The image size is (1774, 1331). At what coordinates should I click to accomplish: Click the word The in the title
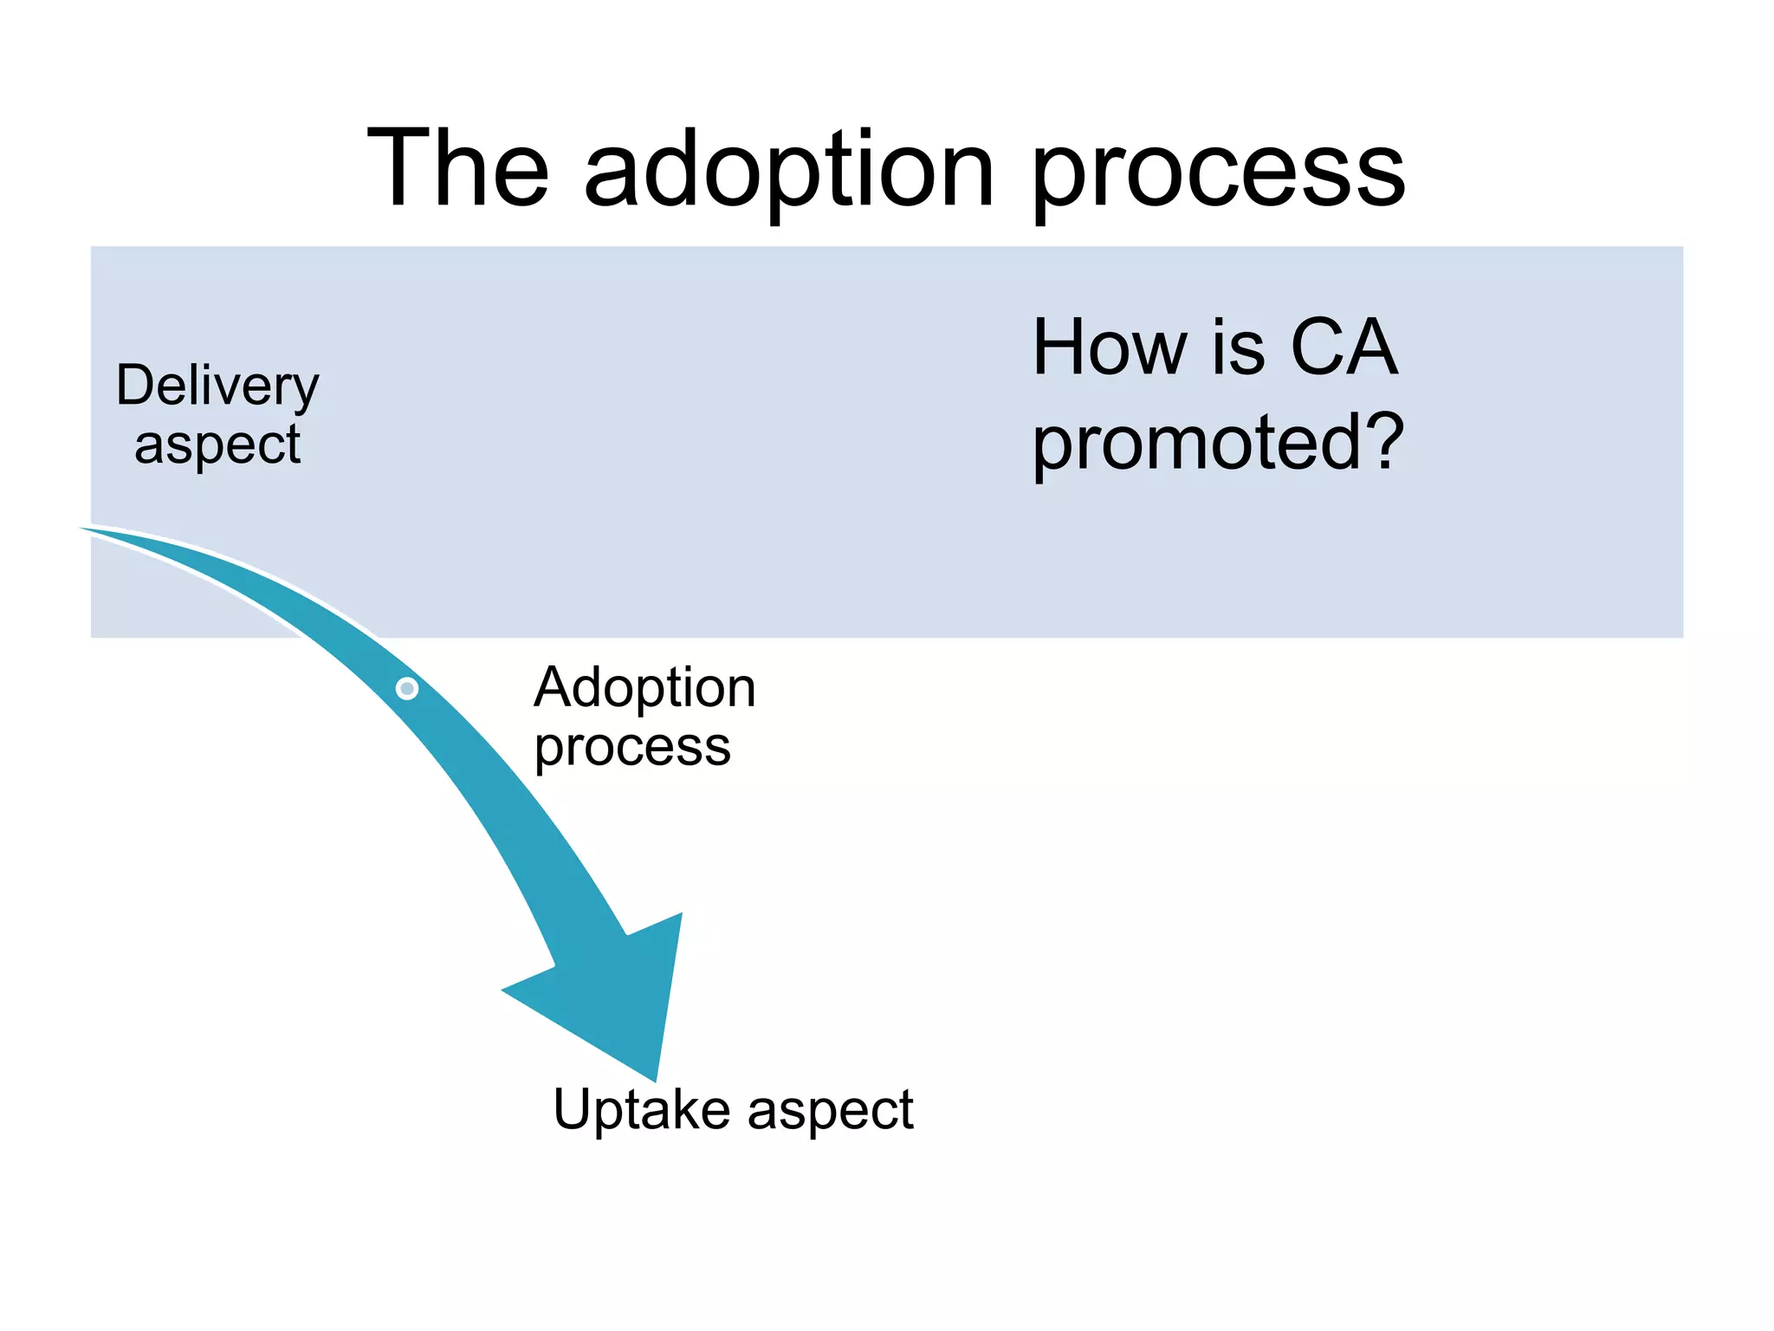click(457, 169)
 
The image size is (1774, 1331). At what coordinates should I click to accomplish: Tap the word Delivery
click(217, 386)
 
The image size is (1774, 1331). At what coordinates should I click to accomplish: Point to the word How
click(1111, 347)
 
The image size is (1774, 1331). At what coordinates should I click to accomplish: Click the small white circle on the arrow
click(407, 689)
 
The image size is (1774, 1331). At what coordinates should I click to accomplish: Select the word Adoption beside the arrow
click(644, 688)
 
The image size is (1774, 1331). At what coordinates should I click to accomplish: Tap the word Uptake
click(641, 1110)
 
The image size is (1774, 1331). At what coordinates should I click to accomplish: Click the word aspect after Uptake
click(830, 1112)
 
